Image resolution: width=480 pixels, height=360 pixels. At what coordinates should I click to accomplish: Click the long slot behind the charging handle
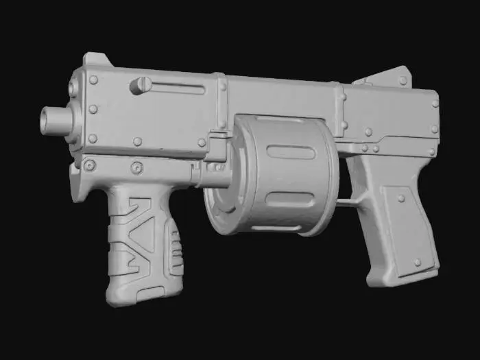[x=177, y=88]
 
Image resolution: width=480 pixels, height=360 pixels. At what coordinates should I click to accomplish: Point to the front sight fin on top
[x=97, y=60]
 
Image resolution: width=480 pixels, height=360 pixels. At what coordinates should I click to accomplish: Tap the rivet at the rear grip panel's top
[x=400, y=198]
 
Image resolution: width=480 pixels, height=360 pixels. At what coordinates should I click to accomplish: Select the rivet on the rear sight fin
[x=403, y=80]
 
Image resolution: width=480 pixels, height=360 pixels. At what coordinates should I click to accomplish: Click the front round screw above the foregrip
[x=89, y=165]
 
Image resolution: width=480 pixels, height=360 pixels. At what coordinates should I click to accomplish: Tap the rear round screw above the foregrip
[x=136, y=167]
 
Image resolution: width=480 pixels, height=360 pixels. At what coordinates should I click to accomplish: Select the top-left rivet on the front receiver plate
[x=93, y=80]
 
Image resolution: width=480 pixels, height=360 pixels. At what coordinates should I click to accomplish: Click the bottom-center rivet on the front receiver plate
[x=137, y=141]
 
